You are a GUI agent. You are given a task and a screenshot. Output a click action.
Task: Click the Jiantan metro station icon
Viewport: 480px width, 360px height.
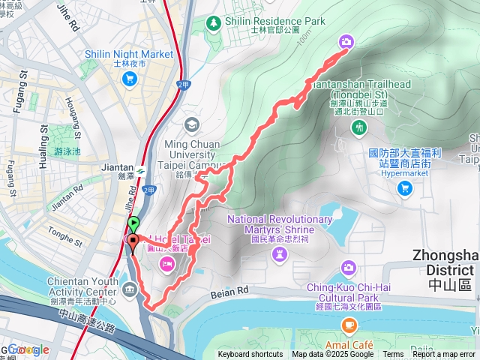[x=139, y=168]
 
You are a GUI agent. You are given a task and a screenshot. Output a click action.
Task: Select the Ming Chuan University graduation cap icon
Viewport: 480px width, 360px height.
[x=193, y=124]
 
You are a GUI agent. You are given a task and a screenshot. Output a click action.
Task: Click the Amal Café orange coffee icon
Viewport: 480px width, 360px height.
[x=348, y=324]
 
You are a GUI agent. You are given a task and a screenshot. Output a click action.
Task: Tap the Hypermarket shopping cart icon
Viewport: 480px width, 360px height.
[x=405, y=188]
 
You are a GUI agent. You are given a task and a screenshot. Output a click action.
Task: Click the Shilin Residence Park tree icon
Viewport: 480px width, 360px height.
[x=214, y=22]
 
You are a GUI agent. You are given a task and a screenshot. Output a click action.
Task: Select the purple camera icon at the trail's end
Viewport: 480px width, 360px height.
[x=346, y=42]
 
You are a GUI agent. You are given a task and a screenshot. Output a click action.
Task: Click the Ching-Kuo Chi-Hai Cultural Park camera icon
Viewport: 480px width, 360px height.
[x=348, y=267]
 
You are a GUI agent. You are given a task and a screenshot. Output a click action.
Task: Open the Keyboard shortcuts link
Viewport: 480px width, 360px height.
[x=250, y=355]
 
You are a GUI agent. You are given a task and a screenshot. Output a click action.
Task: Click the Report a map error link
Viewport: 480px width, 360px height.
[x=444, y=355]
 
